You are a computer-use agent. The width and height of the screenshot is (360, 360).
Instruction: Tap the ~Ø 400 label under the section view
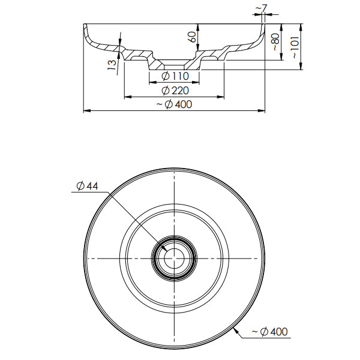173,104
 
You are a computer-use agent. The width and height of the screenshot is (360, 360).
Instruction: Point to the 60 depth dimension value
192,37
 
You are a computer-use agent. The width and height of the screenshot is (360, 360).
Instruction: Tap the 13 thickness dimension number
112,65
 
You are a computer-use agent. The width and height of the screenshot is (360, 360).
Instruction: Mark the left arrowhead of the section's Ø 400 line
85,110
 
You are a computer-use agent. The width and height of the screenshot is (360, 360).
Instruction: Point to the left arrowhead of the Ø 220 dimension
126,97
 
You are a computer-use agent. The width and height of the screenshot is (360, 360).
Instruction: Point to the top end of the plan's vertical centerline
174,171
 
